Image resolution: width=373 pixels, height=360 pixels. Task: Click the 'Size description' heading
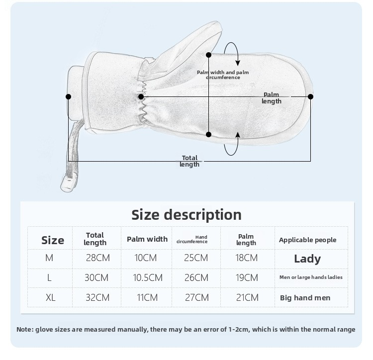[186, 215]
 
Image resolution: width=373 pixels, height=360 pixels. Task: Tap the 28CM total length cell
[98, 258]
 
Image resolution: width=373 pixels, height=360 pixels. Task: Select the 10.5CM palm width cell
[148, 278]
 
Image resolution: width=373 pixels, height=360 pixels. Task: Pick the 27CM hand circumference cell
[197, 298]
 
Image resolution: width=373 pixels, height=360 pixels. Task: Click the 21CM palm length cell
[247, 298]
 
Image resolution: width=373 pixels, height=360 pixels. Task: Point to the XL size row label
[50, 298]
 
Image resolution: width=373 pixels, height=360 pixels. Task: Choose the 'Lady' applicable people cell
[307, 259]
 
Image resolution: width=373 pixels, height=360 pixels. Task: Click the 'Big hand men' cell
[305, 298]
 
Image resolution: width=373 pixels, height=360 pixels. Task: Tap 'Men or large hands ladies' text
[311, 277]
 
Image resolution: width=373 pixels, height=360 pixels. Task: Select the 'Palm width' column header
[147, 239]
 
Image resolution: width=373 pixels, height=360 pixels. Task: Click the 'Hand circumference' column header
[192, 240]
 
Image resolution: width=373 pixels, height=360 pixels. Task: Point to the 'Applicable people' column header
[307, 240]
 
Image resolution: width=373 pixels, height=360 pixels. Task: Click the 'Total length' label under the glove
[189, 161]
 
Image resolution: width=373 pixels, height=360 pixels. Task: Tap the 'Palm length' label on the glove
[272, 98]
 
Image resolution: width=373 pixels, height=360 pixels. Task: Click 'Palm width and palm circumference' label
[223, 75]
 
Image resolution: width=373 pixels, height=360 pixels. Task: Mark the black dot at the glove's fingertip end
[310, 97]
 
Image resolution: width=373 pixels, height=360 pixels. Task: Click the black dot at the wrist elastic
[141, 97]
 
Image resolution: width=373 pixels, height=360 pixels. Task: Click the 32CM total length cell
[97, 298]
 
